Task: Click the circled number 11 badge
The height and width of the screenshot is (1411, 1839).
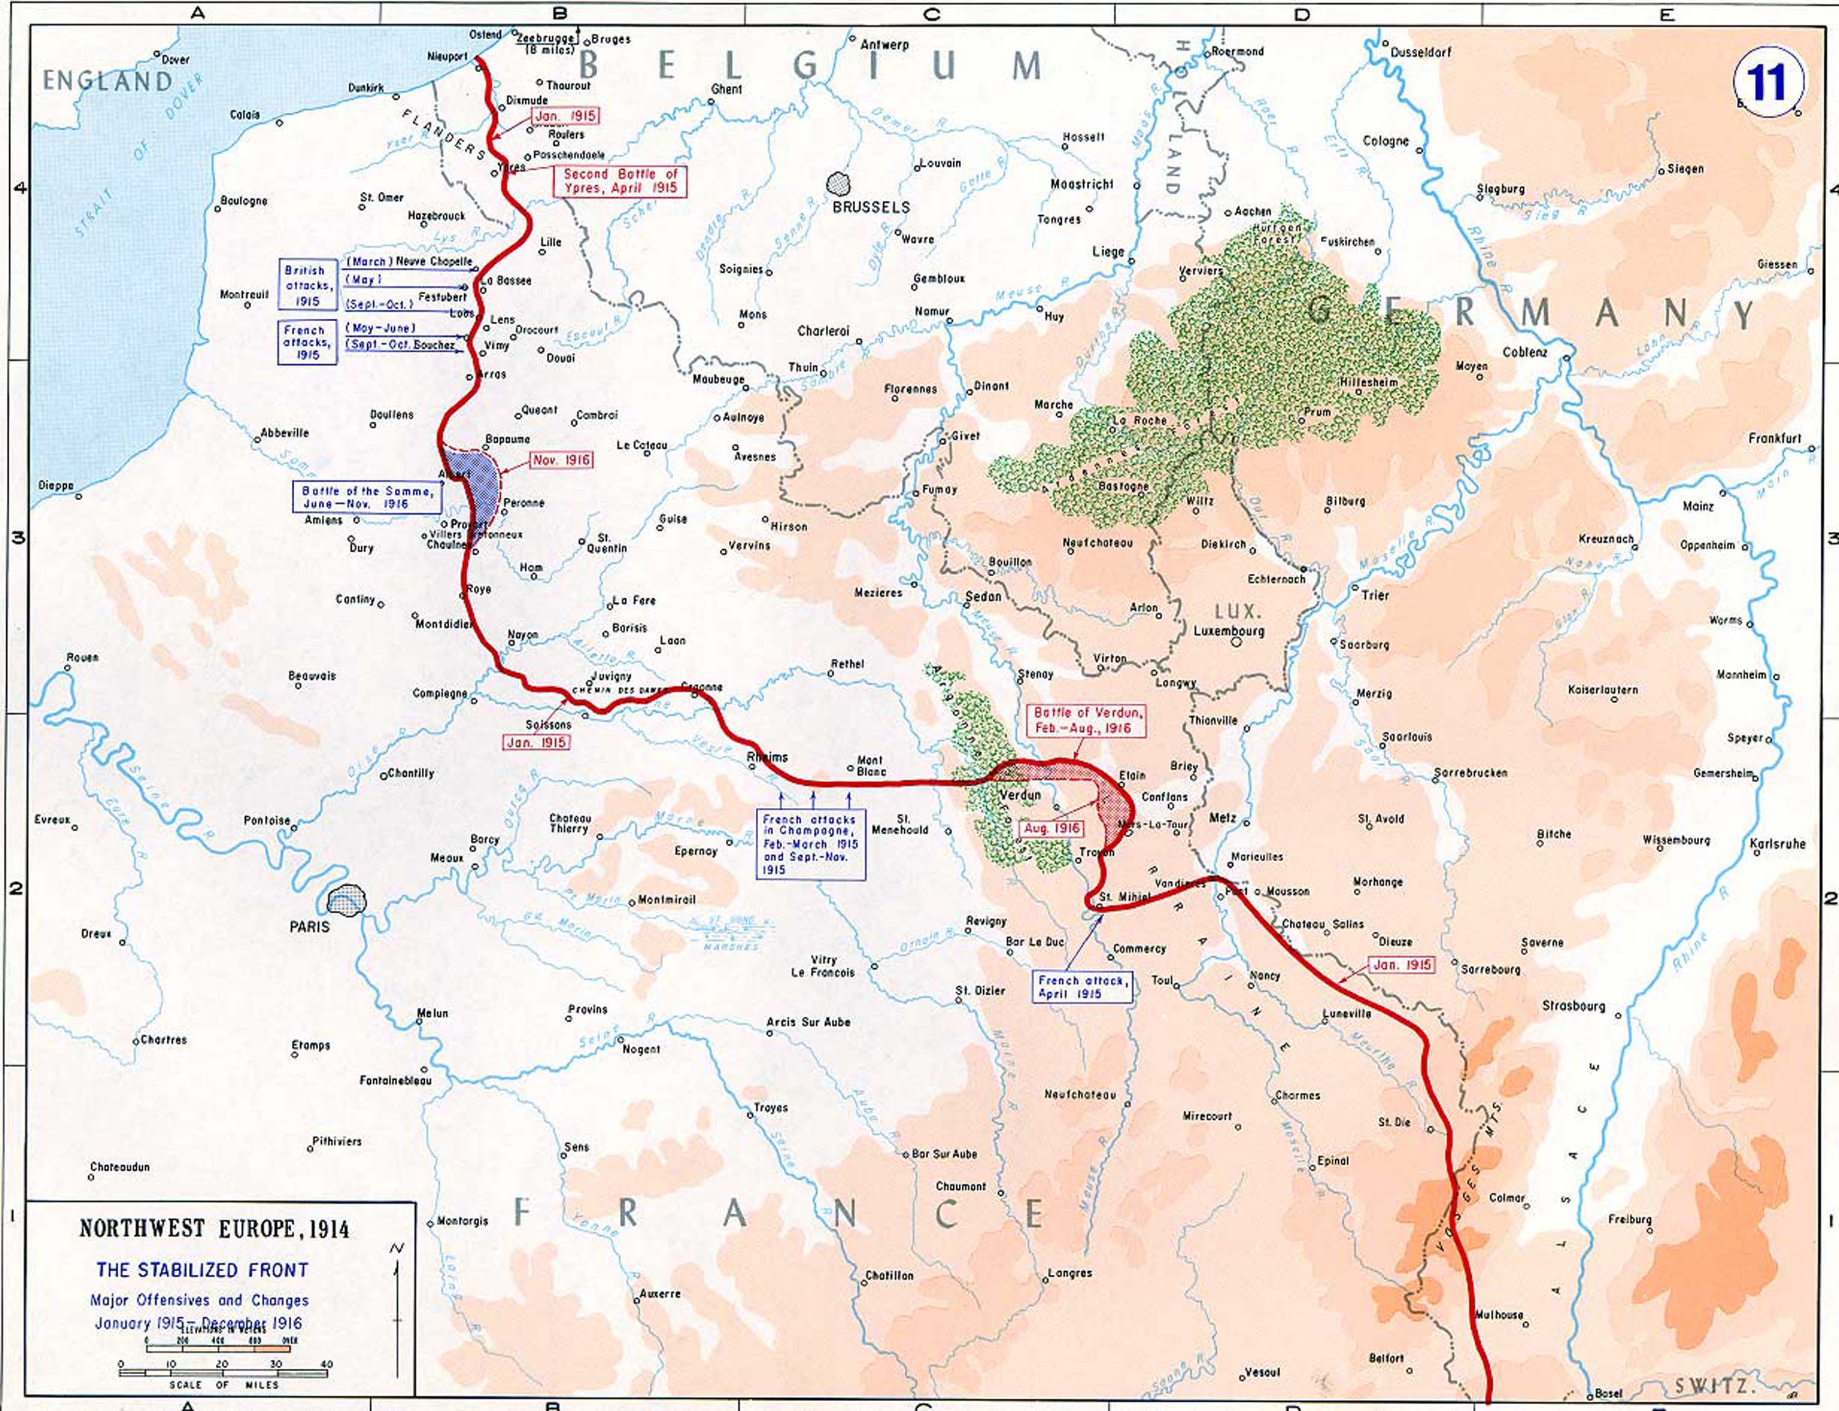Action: (x=1768, y=82)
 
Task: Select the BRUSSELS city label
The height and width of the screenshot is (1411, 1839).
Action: (x=871, y=207)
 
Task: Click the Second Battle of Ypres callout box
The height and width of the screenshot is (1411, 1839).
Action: (x=620, y=181)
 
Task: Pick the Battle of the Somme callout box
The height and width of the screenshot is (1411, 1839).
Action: (x=367, y=497)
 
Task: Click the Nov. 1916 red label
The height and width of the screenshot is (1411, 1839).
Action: (x=561, y=460)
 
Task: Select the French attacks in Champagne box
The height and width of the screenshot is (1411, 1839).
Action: (x=810, y=844)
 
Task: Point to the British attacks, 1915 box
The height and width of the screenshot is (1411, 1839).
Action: (x=307, y=286)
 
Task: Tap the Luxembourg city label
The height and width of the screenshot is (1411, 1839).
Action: (x=1228, y=631)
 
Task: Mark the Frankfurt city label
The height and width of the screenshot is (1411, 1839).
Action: (x=1775, y=438)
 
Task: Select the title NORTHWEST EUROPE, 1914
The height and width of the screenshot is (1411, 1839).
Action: (x=213, y=1229)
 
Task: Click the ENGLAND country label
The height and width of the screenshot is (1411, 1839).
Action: (x=107, y=82)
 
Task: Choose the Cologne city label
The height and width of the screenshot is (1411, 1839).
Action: (x=1385, y=141)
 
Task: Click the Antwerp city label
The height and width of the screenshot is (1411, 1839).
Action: (x=884, y=45)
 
